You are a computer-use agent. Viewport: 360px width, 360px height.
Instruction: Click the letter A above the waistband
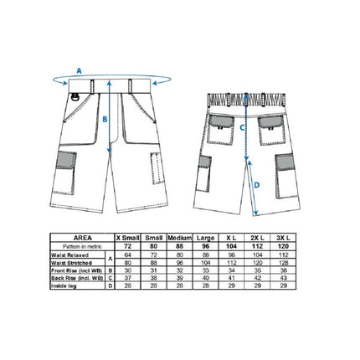tap(79, 72)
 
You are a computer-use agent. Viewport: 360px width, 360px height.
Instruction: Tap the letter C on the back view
tap(242, 128)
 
